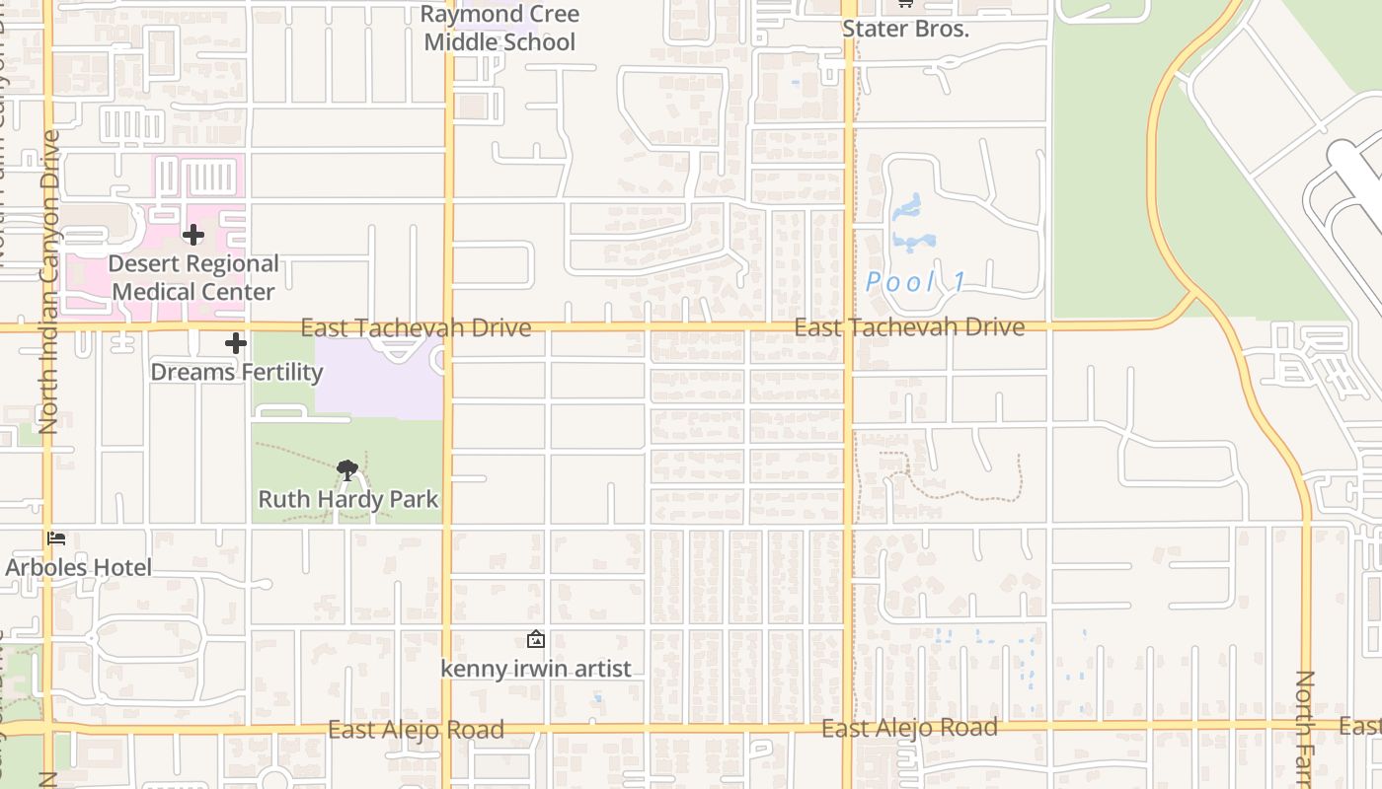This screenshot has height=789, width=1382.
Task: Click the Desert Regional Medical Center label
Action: click(193, 278)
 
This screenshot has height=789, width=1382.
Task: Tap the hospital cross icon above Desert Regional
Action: click(193, 235)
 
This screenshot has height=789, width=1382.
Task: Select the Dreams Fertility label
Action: click(237, 372)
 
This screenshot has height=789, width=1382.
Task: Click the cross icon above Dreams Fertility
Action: click(235, 343)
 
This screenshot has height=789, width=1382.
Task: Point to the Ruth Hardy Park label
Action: click(348, 499)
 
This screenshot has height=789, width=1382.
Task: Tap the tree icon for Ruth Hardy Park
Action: click(346, 470)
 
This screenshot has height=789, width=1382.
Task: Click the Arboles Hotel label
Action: click(79, 567)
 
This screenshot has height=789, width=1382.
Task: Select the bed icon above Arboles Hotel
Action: click(57, 538)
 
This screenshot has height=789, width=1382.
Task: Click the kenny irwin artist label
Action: click(535, 669)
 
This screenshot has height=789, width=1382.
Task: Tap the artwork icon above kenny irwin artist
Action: click(535, 640)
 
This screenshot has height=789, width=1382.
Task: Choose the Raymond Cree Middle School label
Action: click(499, 29)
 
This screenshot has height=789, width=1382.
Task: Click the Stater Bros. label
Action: click(905, 29)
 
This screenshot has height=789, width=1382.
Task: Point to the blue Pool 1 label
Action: click(916, 282)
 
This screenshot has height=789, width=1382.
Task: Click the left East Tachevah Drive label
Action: click(416, 327)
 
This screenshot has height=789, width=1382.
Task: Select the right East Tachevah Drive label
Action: click(909, 327)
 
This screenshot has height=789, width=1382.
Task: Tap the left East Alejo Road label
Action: click(416, 730)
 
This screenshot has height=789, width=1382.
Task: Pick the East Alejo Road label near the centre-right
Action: click(909, 728)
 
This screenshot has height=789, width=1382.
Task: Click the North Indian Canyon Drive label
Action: click(48, 281)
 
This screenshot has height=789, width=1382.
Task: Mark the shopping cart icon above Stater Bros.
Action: click(904, 4)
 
